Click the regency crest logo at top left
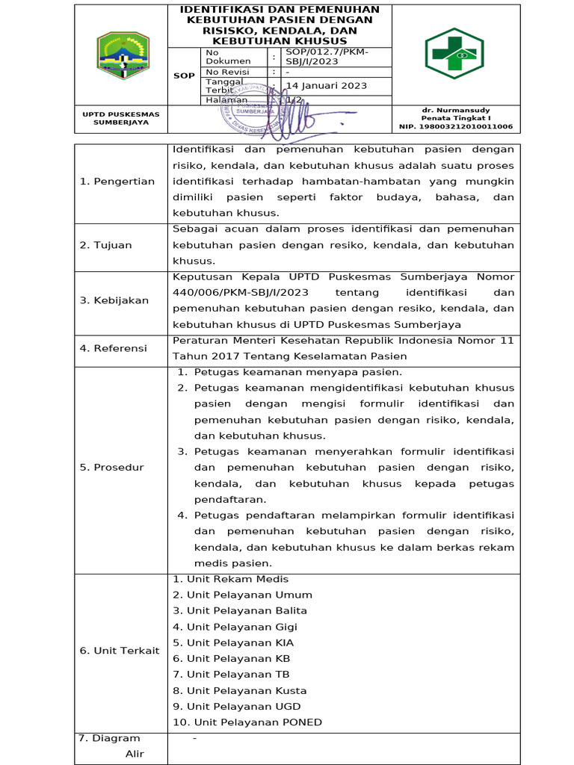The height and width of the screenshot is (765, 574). (x=123, y=56)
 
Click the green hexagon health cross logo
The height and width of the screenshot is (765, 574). (x=454, y=54)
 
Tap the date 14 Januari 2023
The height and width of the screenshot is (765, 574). (x=327, y=86)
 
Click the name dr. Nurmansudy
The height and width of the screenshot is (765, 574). (x=456, y=110)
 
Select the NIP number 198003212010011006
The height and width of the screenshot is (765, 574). (x=456, y=126)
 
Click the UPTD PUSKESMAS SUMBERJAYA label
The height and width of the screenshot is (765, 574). (x=121, y=118)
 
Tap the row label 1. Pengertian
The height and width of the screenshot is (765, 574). (x=117, y=182)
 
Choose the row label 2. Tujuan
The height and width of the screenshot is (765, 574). (x=105, y=245)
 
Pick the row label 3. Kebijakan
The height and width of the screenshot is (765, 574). (x=114, y=300)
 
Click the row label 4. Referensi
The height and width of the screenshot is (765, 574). (x=114, y=348)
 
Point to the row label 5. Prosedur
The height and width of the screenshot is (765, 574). (x=112, y=468)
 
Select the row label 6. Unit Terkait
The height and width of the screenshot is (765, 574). (x=120, y=651)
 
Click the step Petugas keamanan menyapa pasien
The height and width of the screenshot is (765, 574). (x=297, y=372)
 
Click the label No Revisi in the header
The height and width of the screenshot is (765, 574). (x=227, y=72)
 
